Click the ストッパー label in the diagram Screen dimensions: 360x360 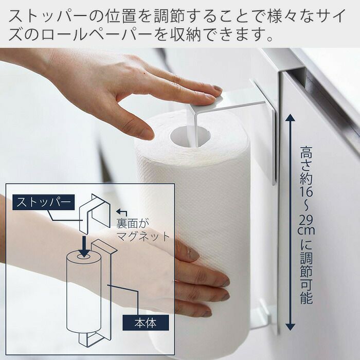43,202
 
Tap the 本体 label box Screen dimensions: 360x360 146,322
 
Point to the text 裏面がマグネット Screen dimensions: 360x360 143,230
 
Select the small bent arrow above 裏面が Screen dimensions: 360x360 121,212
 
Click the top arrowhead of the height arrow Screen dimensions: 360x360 291,118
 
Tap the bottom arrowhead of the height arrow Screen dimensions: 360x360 291,326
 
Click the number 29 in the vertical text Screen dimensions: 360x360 307,221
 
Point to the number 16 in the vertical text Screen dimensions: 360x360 307,191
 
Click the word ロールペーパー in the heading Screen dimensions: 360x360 97,34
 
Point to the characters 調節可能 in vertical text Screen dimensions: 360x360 307,278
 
